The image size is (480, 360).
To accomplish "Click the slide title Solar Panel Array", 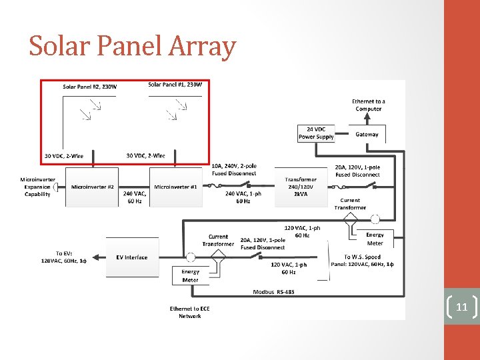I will pos(133,47).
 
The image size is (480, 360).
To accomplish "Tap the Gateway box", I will pos(367,134).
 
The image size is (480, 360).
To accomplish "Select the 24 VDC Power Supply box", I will pos(316,133).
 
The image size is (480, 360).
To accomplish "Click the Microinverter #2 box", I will pos(93,187).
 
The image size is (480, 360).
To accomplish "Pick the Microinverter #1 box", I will pos(175,187).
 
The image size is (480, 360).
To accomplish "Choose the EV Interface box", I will pos(131,257).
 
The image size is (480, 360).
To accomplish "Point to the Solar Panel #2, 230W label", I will pos(90,87).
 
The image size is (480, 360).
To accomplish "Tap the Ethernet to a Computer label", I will pos(369,105).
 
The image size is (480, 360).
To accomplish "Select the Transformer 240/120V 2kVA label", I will pos(301,187).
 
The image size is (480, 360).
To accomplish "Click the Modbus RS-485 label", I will pos(273,292).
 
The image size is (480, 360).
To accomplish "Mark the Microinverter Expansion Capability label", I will pos(37,187).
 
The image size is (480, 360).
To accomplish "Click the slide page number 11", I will pos(461,307).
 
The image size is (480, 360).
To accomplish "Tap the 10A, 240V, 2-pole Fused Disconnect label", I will pos(233,169).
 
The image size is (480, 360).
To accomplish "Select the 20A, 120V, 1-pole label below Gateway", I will pos(357,171).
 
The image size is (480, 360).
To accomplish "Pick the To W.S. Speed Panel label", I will pos(362,260).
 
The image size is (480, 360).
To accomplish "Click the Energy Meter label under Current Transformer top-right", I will pos(375,239).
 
